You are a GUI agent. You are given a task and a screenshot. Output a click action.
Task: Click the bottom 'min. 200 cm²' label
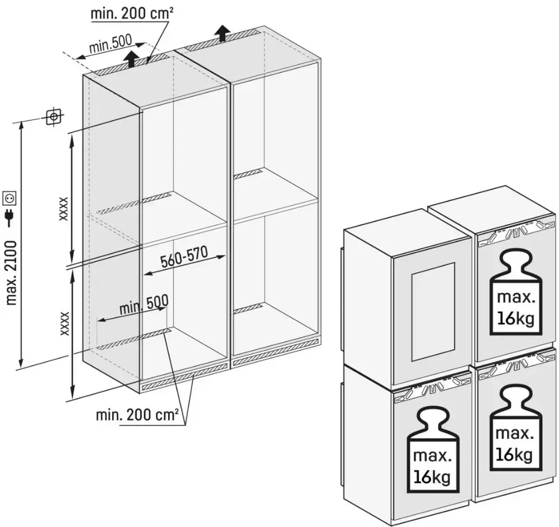[x=137, y=415]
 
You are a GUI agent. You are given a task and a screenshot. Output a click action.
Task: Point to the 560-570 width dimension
[x=184, y=259]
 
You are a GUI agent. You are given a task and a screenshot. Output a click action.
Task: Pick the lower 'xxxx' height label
[x=64, y=324]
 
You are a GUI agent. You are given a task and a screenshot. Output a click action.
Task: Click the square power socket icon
[x=11, y=197]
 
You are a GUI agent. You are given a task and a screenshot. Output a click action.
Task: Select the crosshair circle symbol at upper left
[x=53, y=117]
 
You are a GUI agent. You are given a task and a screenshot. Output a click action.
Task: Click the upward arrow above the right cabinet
[x=222, y=32]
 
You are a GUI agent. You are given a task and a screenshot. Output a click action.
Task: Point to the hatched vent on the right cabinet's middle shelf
[x=247, y=174]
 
